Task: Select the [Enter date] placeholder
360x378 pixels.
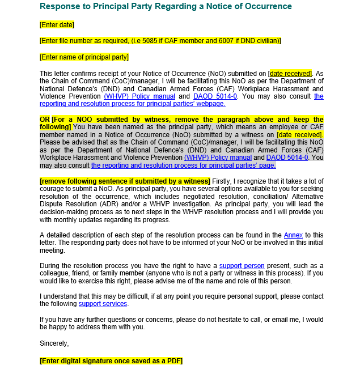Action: point(57,25)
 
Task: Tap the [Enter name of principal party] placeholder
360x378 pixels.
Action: point(84,57)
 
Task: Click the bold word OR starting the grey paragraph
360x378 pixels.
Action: point(44,120)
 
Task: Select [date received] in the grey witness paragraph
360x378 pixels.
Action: point(300,135)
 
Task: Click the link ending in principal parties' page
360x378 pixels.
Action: point(183,165)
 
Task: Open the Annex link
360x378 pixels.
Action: point(293,235)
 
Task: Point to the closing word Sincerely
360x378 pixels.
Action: point(54,343)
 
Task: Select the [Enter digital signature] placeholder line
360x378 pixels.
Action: point(111,361)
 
